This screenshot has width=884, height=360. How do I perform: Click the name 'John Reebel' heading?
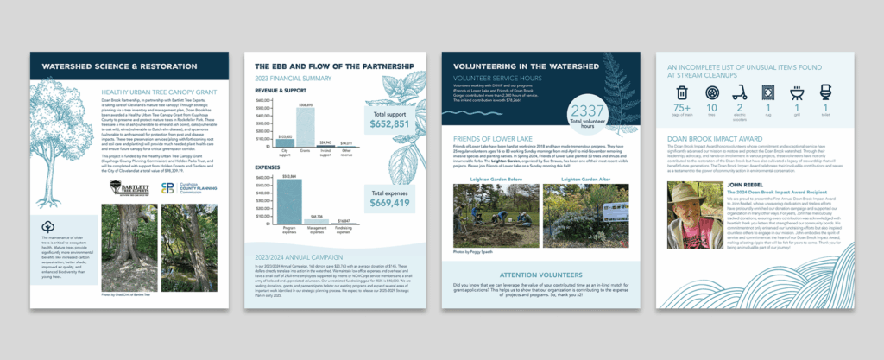tap(749, 184)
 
